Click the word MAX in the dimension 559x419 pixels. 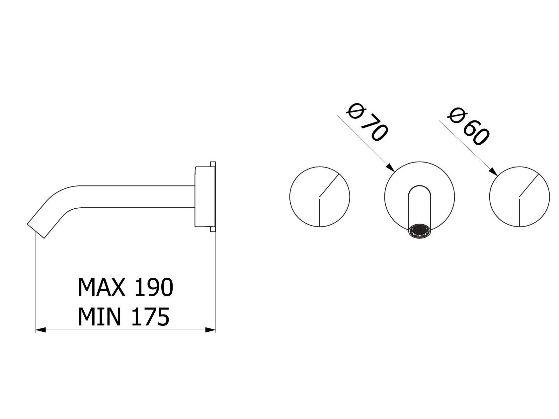click(102, 287)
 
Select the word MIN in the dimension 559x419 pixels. click(99, 316)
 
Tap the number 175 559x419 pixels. click(150, 316)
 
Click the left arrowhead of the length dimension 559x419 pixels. click(40, 330)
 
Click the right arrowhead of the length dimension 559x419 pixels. click(210, 330)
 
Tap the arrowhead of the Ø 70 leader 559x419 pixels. click(391, 168)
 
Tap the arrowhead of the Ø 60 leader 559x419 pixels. click(493, 171)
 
